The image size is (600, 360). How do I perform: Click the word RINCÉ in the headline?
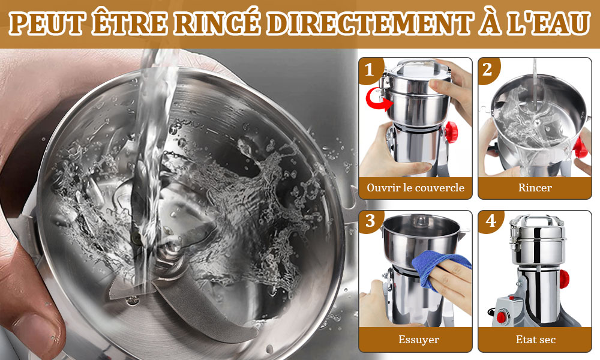pos(218,23)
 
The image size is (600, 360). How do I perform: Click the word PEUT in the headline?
pos(47,24)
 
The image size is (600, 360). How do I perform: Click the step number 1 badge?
pos(369,70)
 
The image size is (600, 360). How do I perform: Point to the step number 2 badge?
pos(487,70)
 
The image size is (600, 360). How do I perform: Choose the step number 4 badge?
pos(490,221)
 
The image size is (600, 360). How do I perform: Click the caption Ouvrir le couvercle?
pos(415,187)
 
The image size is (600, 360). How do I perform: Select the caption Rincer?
pos(535,187)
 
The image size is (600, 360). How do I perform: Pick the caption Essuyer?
pos(419,340)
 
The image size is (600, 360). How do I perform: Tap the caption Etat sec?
pos(535,340)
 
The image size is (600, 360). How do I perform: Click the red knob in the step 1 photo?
pos(451,132)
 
